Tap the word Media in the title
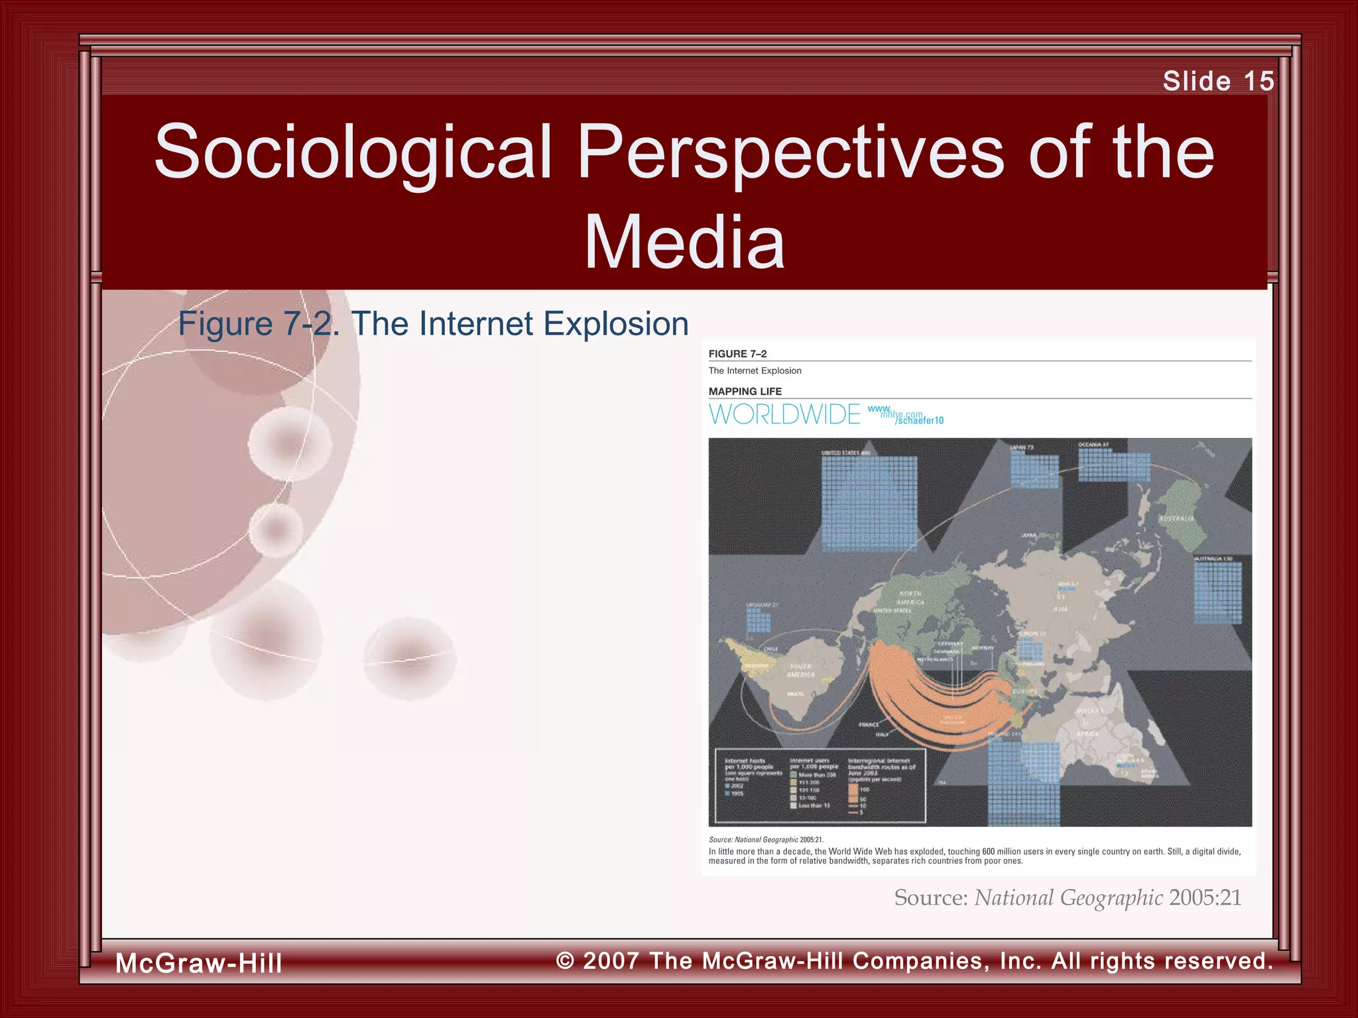point(684,243)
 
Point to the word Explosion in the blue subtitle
point(615,324)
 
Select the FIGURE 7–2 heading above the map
point(737,354)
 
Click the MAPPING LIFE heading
point(745,392)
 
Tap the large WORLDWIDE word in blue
point(784,415)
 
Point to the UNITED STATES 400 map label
point(845,453)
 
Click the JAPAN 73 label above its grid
point(1021,447)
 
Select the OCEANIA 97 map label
point(1093,445)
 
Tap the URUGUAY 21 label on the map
point(762,605)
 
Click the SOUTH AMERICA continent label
point(800,671)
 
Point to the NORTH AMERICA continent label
point(911,598)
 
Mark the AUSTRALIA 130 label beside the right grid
point(1213,559)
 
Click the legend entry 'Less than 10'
point(814,806)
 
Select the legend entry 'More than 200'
point(817,775)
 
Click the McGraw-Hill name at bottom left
point(199,963)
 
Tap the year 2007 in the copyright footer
point(611,961)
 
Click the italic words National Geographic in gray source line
point(1068,898)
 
